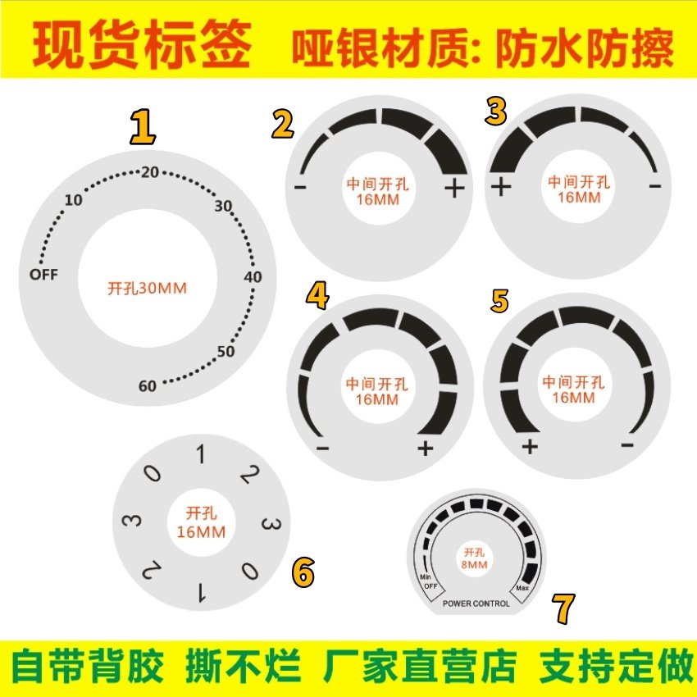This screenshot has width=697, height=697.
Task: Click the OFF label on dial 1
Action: [43, 275]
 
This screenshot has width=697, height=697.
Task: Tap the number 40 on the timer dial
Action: [253, 277]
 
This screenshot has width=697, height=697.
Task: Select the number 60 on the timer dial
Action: [148, 386]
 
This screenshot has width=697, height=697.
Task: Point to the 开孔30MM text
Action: [148, 289]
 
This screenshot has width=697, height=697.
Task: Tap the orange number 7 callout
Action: [563, 608]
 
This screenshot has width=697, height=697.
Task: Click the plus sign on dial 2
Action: [453, 189]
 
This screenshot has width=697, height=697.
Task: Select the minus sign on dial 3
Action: [654, 187]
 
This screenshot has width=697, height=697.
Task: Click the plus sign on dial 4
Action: [425, 448]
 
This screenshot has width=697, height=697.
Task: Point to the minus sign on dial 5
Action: [627, 445]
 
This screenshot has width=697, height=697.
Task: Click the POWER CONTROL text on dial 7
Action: [476, 604]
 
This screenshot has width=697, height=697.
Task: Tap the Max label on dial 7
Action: [522, 590]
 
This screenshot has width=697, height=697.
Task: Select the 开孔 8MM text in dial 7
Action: [476, 558]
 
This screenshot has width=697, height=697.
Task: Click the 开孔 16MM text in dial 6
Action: [201, 522]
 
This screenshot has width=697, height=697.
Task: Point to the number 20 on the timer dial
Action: [150, 172]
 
